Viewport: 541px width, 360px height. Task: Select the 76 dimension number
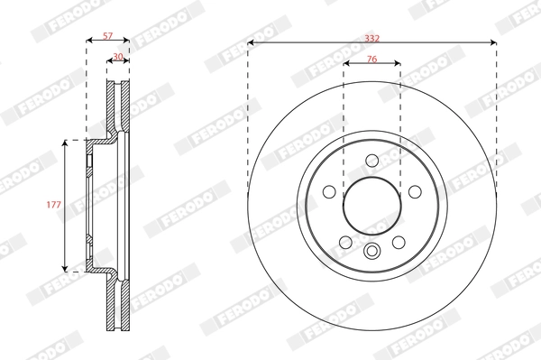pyautogui.click(x=371, y=59)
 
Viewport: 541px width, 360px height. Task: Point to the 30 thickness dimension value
pyautogui.click(x=118, y=56)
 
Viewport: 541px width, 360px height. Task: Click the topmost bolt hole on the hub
pyautogui.click(x=371, y=161)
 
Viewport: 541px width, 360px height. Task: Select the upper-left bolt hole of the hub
pyautogui.click(x=329, y=191)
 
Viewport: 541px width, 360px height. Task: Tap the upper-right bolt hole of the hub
pyautogui.click(x=415, y=191)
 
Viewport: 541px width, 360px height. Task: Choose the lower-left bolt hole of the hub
pyautogui.click(x=345, y=242)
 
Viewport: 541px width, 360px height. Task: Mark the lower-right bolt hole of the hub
pyautogui.click(x=398, y=242)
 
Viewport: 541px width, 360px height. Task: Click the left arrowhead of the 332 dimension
pyautogui.click(x=251, y=42)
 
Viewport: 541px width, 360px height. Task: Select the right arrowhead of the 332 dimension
pyautogui.click(x=493, y=42)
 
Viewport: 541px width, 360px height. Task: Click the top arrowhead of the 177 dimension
pyautogui.click(x=66, y=143)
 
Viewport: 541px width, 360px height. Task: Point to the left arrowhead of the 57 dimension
pyautogui.click(x=88, y=42)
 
